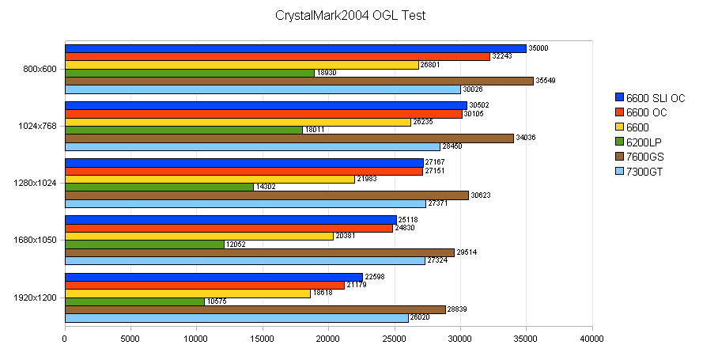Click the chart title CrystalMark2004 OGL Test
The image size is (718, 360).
pos(350,15)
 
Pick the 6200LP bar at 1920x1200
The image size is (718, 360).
pos(134,301)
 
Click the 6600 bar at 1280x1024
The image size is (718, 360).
pos(210,179)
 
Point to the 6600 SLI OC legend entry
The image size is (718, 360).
pos(649,98)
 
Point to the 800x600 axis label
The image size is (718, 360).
pos(40,69)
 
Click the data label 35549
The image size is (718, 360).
pos(546,81)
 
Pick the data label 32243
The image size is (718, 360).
pos(502,56)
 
